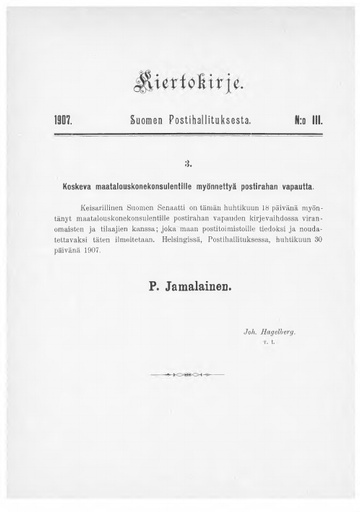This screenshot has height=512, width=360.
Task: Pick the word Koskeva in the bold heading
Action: (87, 187)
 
